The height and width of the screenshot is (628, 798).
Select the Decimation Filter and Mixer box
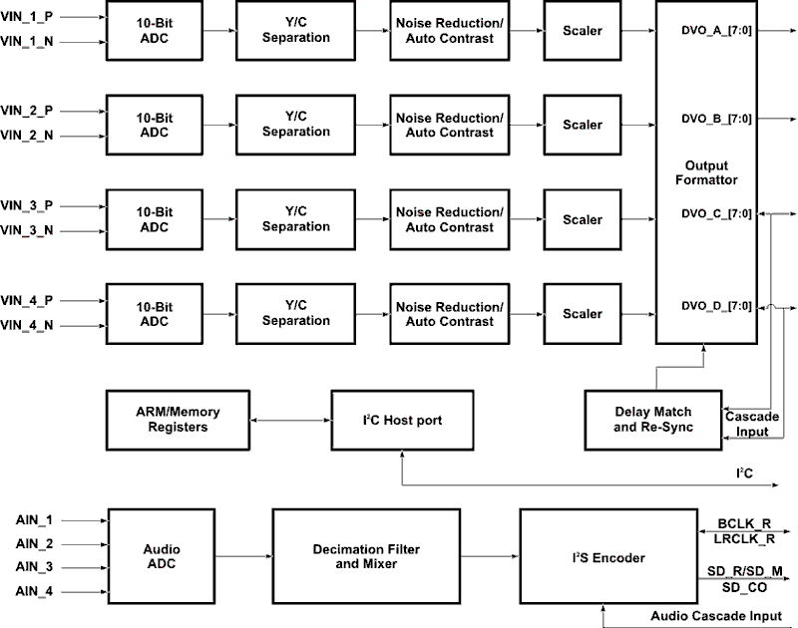click(366, 555)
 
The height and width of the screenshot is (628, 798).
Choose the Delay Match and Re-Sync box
click(652, 420)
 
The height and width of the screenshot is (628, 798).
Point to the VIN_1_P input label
click(28, 17)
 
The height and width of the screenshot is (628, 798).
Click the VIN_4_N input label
click(28, 325)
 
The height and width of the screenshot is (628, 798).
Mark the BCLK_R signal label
click(744, 522)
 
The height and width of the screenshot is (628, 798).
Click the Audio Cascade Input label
click(716, 616)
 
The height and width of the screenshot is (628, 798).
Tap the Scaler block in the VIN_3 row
click(583, 219)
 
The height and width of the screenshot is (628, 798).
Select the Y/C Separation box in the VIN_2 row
click(295, 125)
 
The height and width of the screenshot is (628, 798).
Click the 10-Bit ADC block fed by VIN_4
click(156, 314)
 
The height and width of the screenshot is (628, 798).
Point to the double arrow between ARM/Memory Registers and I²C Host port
click(290, 421)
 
